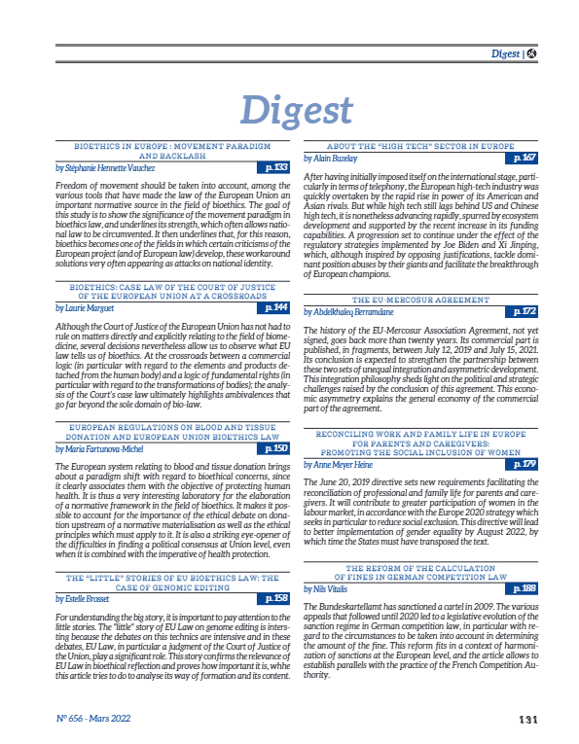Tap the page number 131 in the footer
tap(528, 721)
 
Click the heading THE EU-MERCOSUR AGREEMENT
tap(420, 272)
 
